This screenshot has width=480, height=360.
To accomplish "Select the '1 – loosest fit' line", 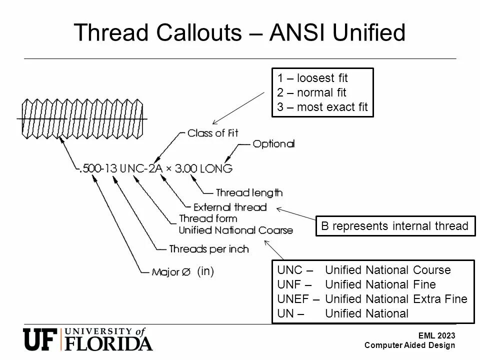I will [312, 78].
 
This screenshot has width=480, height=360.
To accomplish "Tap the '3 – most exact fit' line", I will [322, 107].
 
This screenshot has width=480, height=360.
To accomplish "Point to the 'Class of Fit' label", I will [213, 133].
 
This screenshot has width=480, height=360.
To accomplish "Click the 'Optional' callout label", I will [273, 144].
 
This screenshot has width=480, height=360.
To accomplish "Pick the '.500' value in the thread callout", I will [90, 169].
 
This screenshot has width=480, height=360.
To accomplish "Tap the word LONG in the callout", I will [216, 169].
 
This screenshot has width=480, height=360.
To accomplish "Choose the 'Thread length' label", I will [249, 192].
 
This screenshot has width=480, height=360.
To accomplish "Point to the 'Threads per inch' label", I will [209, 249].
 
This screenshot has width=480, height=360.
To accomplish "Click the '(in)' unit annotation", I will [205, 271].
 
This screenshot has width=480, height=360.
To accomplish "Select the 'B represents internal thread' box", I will [394, 226].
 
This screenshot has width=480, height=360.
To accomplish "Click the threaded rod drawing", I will [83, 118].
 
